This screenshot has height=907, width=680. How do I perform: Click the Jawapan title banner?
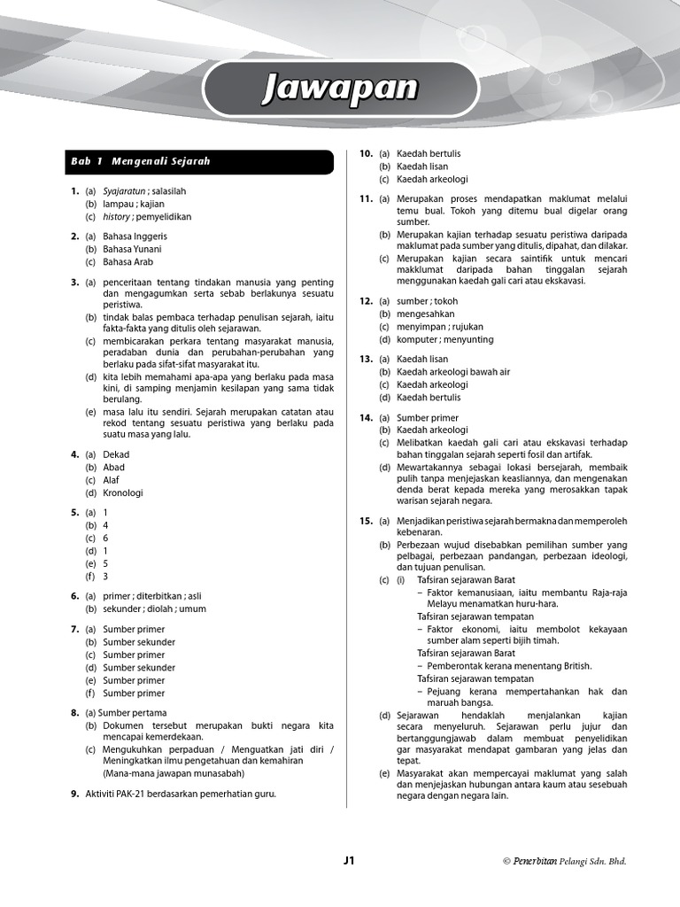click(x=341, y=89)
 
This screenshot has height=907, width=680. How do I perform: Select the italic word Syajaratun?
click(x=123, y=191)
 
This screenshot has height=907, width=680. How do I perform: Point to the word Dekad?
click(x=116, y=454)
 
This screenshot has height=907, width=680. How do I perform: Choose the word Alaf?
click(x=111, y=480)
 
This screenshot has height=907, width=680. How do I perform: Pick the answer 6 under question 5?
click(x=105, y=538)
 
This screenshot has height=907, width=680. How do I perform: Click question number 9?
click(x=74, y=795)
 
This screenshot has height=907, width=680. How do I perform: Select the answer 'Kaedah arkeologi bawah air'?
click(x=453, y=372)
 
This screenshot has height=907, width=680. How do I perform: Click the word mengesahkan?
click(x=426, y=314)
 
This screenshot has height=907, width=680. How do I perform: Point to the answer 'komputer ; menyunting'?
click(x=445, y=339)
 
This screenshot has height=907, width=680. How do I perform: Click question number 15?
click(x=366, y=521)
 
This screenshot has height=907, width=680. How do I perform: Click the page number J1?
click(x=349, y=860)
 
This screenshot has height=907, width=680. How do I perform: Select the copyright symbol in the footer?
click(x=506, y=861)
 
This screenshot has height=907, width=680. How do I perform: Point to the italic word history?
click(x=117, y=217)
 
